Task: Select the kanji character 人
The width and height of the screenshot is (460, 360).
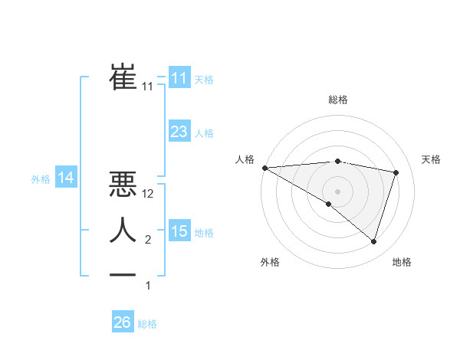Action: coord(123,230)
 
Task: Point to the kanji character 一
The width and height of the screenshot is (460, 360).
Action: coord(123,275)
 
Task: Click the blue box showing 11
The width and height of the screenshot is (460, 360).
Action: coord(179,77)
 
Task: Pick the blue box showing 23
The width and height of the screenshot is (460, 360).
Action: coord(179,131)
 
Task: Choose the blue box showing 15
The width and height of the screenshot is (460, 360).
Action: coord(179,231)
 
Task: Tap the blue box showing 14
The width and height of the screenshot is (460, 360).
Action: coord(66,178)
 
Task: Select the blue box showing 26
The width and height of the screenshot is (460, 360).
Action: coord(123,322)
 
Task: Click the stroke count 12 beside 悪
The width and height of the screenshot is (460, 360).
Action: coord(149,194)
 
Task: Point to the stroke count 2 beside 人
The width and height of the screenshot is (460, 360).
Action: coord(148,240)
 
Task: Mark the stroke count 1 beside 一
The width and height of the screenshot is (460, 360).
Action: coord(148,286)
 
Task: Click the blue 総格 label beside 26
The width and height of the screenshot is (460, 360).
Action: coord(147,324)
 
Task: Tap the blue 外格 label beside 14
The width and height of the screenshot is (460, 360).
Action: coord(41,179)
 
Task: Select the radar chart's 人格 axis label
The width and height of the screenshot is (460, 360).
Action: coord(245,159)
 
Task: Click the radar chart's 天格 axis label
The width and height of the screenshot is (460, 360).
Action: coord(432,159)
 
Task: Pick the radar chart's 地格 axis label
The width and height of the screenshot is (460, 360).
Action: coord(402,262)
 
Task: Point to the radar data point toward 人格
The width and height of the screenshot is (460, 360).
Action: coord(264,167)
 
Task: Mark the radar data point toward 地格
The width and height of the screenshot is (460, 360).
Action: coord(373,241)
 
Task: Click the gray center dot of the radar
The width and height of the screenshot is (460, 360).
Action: coord(337,191)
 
